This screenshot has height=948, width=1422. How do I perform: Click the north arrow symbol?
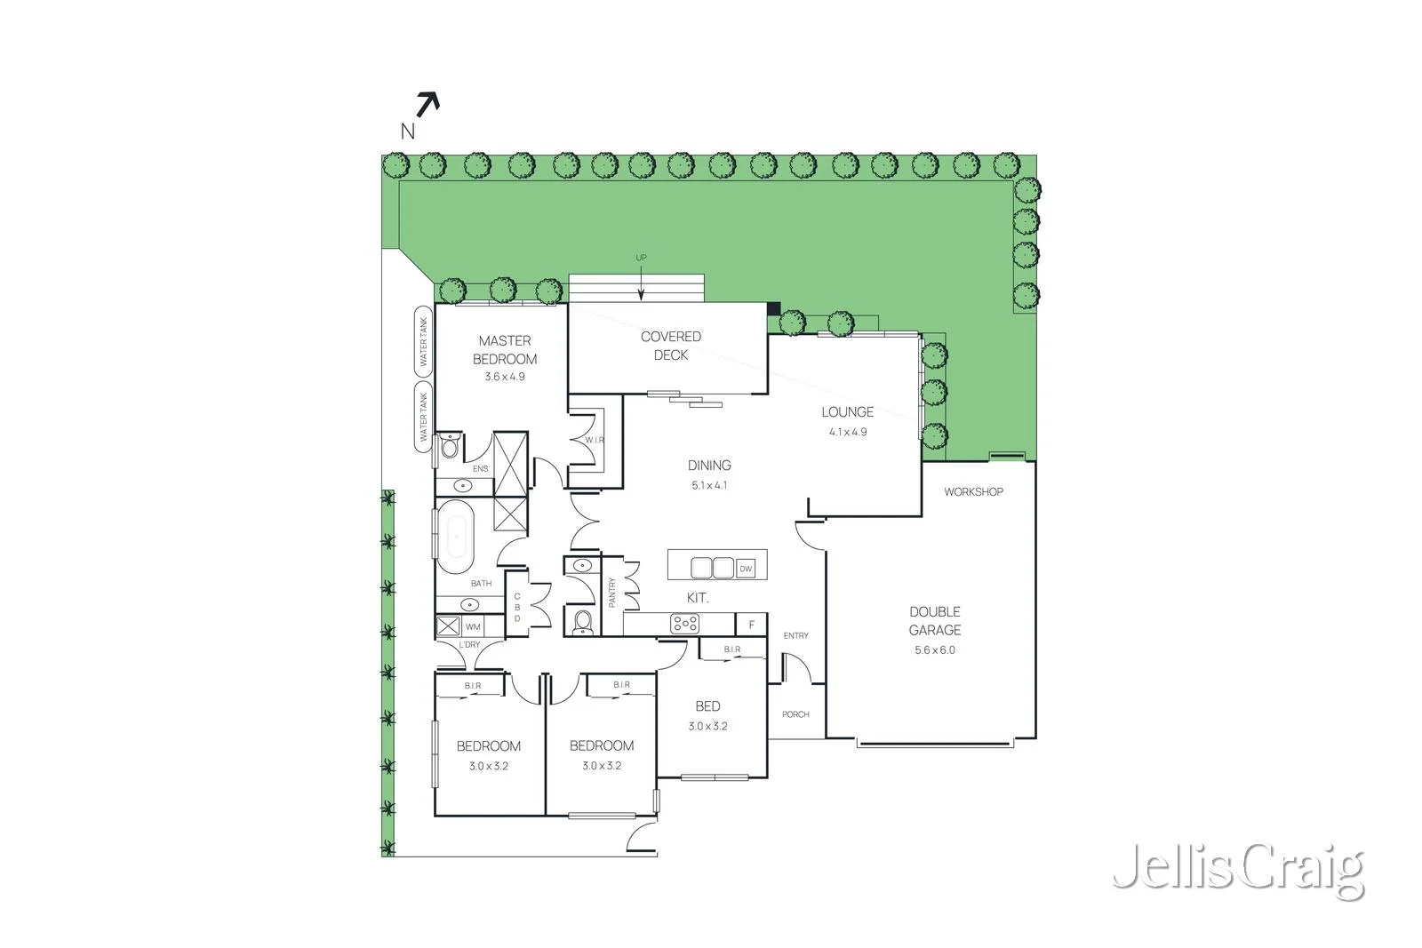pyautogui.click(x=427, y=106)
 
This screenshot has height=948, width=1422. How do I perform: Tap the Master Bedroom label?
pyautogui.click(x=505, y=349)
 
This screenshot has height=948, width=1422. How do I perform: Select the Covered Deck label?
pyautogui.click(x=671, y=345)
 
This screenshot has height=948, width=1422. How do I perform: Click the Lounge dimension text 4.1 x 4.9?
pyautogui.click(x=848, y=432)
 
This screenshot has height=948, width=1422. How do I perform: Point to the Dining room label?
pyautogui.click(x=709, y=465)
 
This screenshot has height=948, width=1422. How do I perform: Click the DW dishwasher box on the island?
pyautogui.click(x=746, y=569)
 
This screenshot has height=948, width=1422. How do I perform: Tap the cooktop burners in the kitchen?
pyautogui.click(x=684, y=624)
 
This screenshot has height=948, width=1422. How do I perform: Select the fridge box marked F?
pyautogui.click(x=752, y=625)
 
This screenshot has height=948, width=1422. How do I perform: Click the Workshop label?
pyautogui.click(x=973, y=491)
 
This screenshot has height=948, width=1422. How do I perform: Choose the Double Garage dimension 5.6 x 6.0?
pyautogui.click(x=935, y=649)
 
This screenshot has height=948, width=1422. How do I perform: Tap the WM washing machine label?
pyautogui.click(x=473, y=626)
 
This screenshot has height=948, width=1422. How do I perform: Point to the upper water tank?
pyautogui.click(x=423, y=341)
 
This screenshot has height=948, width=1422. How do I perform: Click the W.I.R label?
pyautogui.click(x=595, y=440)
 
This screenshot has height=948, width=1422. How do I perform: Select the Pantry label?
pyautogui.click(x=611, y=593)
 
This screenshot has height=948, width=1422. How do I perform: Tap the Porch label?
pyautogui.click(x=795, y=714)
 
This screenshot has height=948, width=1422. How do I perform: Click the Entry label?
pyautogui.click(x=796, y=635)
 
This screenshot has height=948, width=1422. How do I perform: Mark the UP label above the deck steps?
pyautogui.click(x=641, y=258)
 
